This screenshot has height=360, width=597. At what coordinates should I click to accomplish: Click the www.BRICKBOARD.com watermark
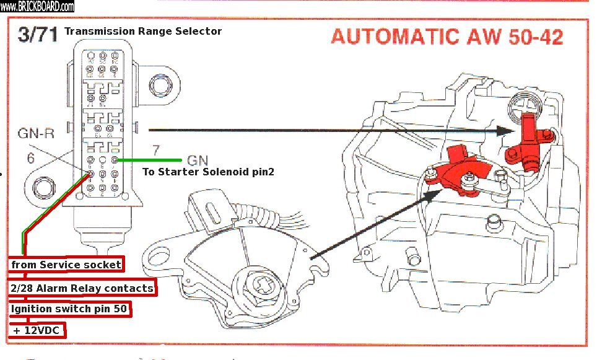[37, 6]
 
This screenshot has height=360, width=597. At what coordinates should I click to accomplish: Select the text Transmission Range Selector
[143, 31]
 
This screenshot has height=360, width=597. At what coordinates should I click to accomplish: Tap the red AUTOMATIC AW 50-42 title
[447, 37]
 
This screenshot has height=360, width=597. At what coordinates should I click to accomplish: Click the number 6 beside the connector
[30, 158]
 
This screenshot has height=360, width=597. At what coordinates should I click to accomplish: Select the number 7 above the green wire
[156, 149]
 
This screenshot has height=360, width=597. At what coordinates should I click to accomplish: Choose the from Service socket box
[66, 265]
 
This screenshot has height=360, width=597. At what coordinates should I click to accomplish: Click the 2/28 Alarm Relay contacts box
[82, 288]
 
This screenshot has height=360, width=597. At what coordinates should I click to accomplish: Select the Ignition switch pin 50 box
[70, 309]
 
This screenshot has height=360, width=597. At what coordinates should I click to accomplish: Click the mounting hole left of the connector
[43, 185]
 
